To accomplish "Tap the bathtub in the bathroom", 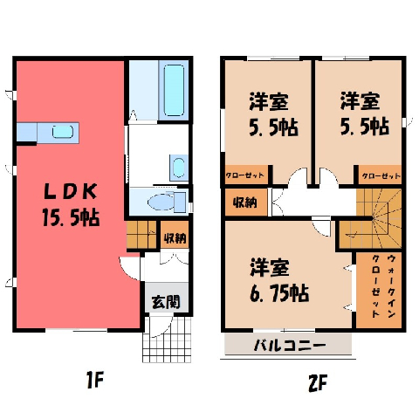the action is (x=174, y=90).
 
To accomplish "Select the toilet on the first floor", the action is (x=167, y=202).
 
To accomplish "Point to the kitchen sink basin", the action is (x=63, y=132).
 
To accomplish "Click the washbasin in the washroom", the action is (x=178, y=168).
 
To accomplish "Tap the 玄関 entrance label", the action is (x=166, y=302).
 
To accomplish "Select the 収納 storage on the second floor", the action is (x=245, y=203).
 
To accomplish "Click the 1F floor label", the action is (x=95, y=381).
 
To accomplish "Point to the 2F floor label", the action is (x=318, y=382).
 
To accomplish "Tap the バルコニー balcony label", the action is (x=289, y=346).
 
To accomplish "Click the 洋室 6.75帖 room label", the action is (x=278, y=280).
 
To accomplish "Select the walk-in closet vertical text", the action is (x=383, y=286).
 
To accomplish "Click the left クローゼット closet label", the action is (x=245, y=175).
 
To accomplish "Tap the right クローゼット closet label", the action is (x=381, y=176).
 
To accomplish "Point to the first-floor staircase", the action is (x=141, y=235).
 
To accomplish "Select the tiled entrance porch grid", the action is (x=167, y=340).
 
